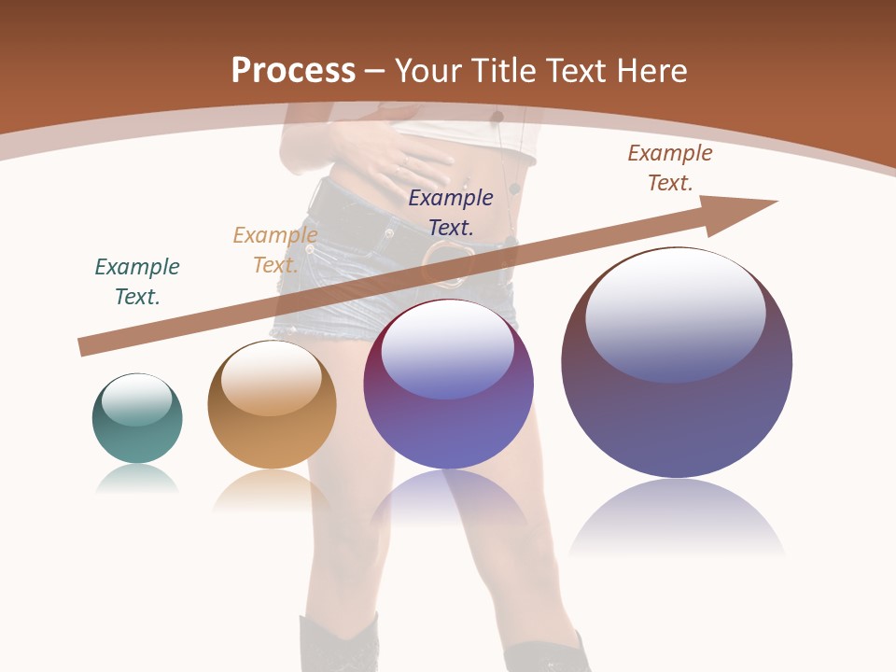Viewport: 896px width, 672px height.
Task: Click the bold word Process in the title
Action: tap(293, 71)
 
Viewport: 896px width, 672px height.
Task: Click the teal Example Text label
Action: tap(137, 282)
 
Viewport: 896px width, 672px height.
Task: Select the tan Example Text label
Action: tap(274, 250)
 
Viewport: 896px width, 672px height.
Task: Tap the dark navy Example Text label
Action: tap(451, 212)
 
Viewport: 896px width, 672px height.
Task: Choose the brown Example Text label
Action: tap(670, 168)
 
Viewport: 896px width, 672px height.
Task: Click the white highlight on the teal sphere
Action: tap(136, 399)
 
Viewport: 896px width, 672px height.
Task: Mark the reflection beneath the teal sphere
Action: tap(137, 479)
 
